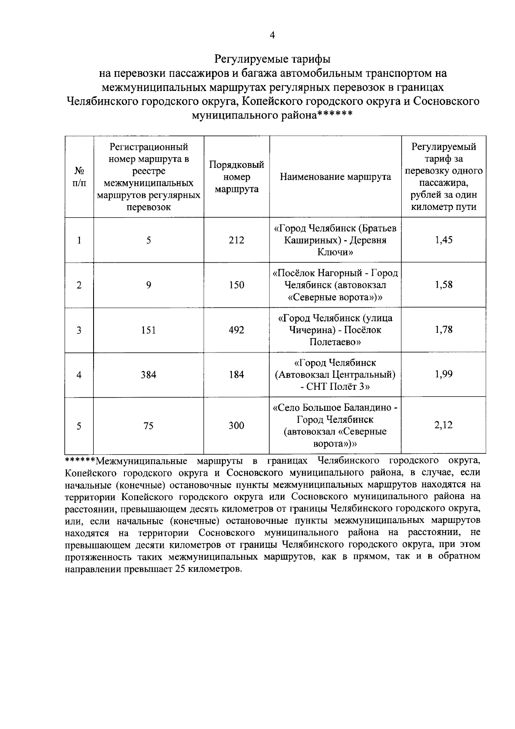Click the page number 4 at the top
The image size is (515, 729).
click(272, 36)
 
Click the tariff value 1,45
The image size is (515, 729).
click(443, 240)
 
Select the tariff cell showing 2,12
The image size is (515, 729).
click(443, 425)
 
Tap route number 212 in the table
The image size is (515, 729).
click(236, 240)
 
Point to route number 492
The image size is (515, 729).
click(236, 330)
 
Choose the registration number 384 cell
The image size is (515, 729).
click(148, 375)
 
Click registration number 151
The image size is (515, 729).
click(148, 330)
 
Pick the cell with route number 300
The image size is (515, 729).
click(236, 425)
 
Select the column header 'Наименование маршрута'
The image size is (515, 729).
click(335, 177)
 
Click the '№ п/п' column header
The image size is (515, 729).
click(79, 177)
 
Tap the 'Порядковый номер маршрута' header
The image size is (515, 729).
click(236, 177)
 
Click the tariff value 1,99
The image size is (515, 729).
click(443, 374)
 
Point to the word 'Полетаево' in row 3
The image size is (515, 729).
click(335, 342)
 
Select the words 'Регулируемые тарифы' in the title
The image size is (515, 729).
click(272, 58)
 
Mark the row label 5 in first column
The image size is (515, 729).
click(79, 425)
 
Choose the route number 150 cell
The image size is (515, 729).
click(236, 285)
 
